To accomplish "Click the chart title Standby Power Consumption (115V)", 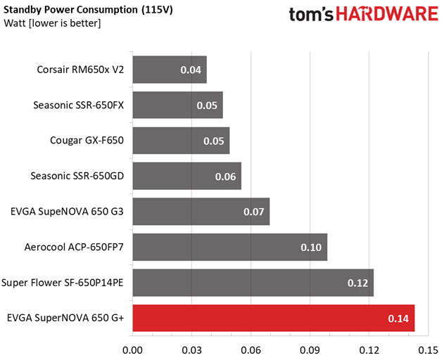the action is click(x=88, y=10).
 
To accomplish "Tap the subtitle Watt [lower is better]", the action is click(x=52, y=23).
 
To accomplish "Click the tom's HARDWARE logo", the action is click(x=364, y=14).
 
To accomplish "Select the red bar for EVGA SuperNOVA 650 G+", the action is click(x=274, y=318).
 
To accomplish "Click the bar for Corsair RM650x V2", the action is click(x=170, y=70).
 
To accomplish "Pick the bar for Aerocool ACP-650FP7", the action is click(x=230, y=247).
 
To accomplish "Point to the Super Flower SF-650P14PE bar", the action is click(x=253, y=283).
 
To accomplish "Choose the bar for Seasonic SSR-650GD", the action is click(x=187, y=176).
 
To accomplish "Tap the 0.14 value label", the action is click(x=398, y=319).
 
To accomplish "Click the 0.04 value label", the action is click(x=191, y=70).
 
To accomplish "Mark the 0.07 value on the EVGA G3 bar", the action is click(x=254, y=212).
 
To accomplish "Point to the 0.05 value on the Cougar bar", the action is click(x=214, y=141).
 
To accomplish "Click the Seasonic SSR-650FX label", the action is click(x=78, y=105).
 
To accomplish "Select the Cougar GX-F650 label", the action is click(x=87, y=141).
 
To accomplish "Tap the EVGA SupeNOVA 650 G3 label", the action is click(x=67, y=212).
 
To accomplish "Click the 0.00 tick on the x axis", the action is click(x=132, y=350).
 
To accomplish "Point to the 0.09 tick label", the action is click(x=310, y=350).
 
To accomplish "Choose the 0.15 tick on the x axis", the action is click(x=428, y=350).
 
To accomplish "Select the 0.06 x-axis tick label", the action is click(x=251, y=350).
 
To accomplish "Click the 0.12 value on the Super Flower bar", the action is click(x=358, y=283).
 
